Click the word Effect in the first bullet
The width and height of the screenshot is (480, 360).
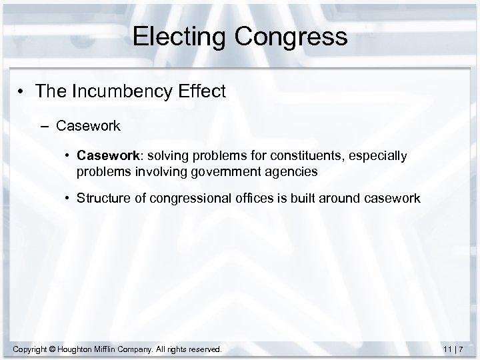click(x=201, y=91)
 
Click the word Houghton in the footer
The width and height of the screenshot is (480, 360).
click(x=84, y=349)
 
